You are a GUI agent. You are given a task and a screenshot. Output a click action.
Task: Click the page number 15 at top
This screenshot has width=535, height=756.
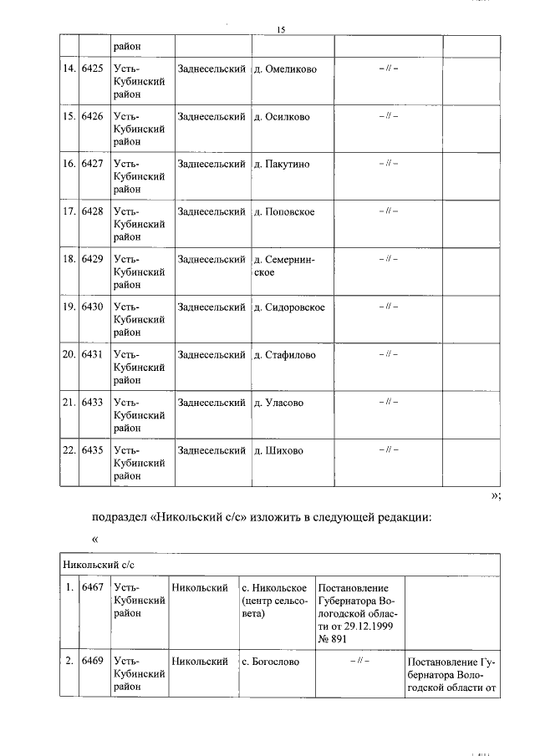(282, 30)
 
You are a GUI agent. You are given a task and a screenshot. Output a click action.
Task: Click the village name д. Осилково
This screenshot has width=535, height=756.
(282, 116)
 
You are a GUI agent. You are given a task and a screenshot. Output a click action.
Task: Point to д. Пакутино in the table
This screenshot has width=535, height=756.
(282, 164)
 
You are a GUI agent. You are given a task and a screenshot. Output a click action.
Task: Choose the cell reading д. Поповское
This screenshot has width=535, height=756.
(284, 211)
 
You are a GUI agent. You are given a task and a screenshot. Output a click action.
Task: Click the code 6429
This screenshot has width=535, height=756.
(92, 259)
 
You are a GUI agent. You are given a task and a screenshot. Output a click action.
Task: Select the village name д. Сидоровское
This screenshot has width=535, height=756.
(289, 307)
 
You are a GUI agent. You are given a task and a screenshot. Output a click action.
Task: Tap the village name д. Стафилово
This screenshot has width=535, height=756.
(285, 354)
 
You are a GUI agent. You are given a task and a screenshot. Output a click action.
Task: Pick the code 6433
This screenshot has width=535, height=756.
(92, 402)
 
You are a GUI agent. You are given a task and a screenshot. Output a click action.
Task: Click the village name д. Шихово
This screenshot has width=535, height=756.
(278, 450)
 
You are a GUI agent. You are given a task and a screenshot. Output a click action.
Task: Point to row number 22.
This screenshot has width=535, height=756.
(69, 450)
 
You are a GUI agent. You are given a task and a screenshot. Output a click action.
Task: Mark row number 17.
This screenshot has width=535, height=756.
(69, 211)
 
